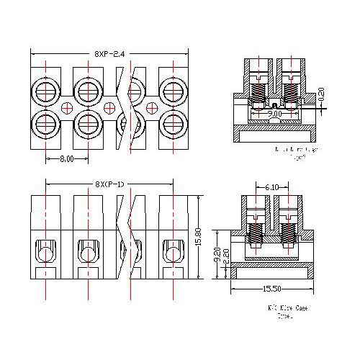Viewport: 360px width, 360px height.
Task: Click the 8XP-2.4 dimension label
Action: click(110, 54)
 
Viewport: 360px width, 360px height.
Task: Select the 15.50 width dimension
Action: click(271, 289)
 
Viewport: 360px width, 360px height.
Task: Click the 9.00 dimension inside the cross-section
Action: click(274, 113)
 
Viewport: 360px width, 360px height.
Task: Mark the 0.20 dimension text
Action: click(320, 94)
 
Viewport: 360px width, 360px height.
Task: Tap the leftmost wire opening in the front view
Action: click(45, 252)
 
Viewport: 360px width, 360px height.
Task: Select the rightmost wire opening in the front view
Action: click(172, 252)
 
